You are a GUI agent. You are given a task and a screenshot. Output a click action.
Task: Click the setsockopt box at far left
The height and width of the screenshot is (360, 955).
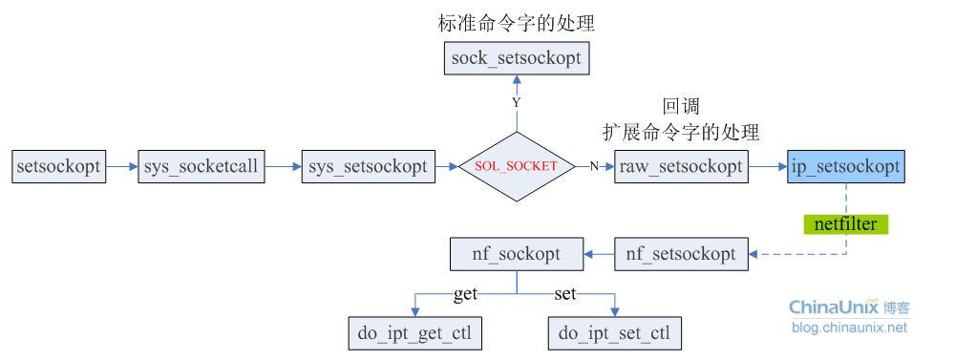58,166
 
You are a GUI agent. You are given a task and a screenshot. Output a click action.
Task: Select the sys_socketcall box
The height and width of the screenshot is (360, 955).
201,166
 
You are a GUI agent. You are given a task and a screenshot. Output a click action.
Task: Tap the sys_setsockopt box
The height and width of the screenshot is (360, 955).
367,166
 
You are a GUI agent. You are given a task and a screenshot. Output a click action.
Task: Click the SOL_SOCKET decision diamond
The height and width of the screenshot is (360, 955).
516,166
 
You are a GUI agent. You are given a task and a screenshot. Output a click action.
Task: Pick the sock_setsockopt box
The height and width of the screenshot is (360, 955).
516,60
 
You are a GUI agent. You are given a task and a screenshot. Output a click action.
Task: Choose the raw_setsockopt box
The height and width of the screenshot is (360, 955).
680,166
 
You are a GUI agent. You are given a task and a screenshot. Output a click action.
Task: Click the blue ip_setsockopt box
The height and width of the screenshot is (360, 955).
846,166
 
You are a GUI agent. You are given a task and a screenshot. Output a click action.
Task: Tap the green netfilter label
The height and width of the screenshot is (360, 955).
845,224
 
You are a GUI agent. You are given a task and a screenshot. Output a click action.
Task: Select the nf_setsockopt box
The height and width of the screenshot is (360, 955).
680,254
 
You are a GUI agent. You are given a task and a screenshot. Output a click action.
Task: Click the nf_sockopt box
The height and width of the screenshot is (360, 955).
517,254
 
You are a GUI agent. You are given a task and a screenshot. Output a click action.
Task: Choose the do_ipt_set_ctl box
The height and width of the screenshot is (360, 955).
614,334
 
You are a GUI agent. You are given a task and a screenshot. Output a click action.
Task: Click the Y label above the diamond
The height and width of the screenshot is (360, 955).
516,101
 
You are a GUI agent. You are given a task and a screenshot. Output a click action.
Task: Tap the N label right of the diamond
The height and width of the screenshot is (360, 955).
594,166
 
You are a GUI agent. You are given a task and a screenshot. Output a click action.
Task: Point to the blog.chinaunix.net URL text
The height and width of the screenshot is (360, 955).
849,328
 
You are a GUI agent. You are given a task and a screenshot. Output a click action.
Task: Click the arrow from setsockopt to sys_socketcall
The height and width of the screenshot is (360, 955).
121,166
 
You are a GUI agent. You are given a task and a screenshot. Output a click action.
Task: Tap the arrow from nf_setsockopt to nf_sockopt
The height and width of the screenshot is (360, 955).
599,254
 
